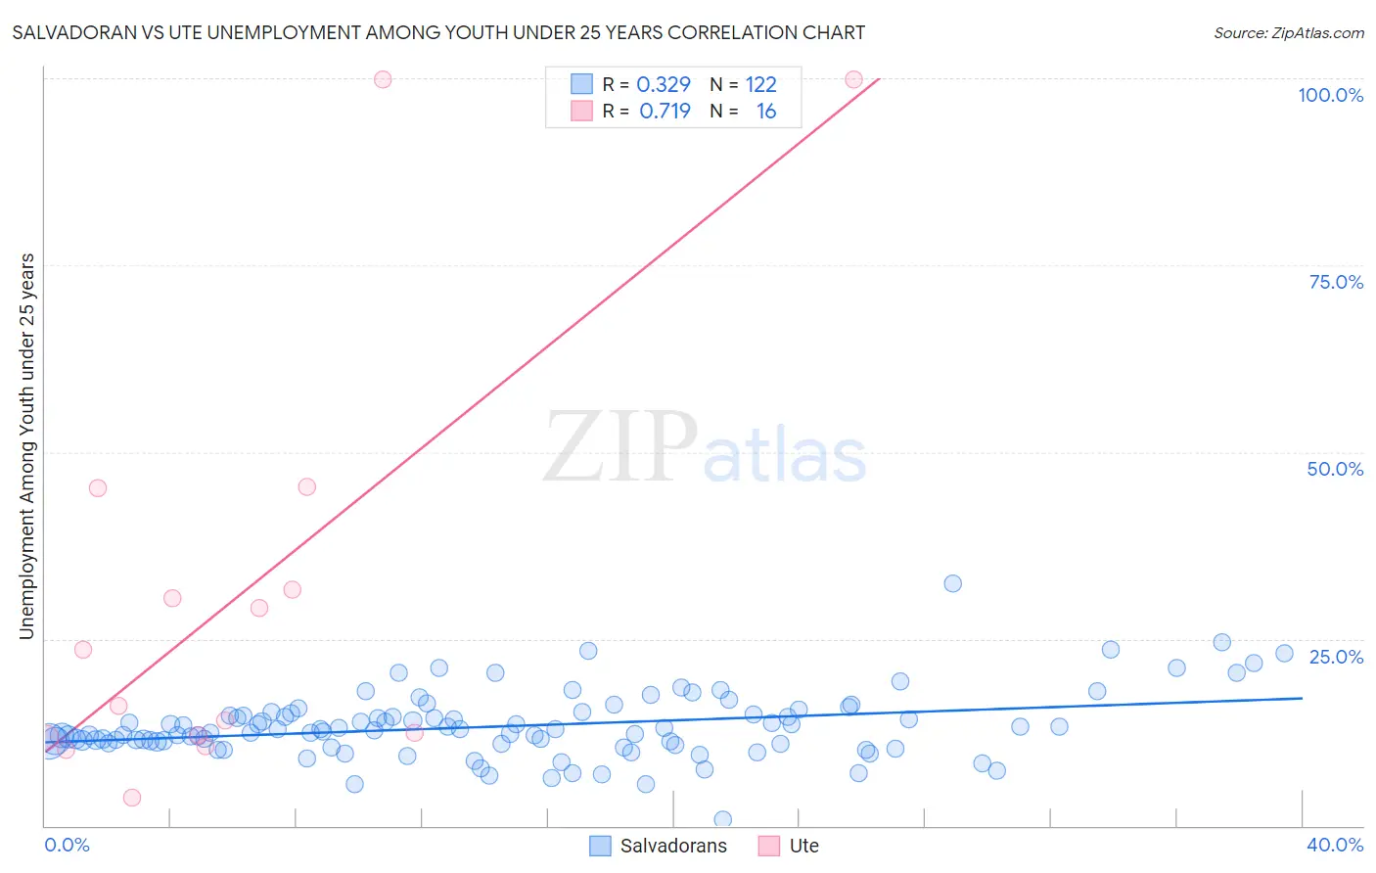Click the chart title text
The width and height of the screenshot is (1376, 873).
tap(438, 32)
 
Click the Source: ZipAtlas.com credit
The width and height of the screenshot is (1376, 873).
tap(1288, 32)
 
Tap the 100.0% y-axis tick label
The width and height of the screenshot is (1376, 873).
tap(1330, 95)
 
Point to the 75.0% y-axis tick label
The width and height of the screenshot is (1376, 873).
tap(1336, 282)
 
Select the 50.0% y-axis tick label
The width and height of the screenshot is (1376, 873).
tap(1335, 469)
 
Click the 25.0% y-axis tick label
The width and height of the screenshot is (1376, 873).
tap(1336, 656)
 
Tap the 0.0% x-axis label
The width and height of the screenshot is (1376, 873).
tap(67, 845)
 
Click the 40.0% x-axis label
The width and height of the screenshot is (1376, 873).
tap(1334, 845)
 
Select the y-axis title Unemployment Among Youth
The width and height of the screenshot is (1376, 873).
tap(27, 446)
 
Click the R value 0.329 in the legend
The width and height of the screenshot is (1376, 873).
tap(664, 85)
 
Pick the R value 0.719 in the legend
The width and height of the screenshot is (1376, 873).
tap(665, 112)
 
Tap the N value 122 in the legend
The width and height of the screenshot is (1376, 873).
tap(760, 85)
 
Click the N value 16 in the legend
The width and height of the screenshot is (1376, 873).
tap(765, 112)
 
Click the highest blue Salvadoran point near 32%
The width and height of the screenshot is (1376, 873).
tap(952, 583)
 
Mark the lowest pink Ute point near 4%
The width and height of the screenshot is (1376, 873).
tap(132, 798)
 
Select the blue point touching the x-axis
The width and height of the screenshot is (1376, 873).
tap(723, 819)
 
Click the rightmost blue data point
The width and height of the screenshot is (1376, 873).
tap(1284, 653)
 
